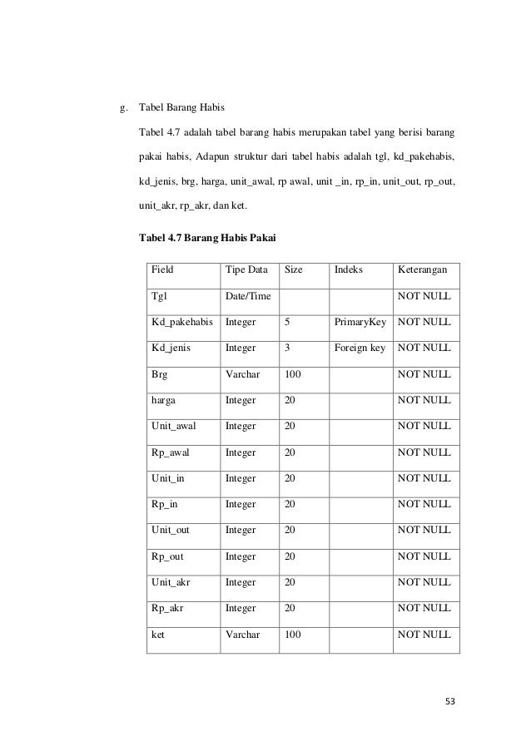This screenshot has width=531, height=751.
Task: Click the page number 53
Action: click(449, 701)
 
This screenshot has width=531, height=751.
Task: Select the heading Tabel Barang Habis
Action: click(180, 107)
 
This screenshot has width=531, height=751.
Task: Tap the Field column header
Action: click(163, 270)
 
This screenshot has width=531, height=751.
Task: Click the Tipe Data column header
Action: click(246, 270)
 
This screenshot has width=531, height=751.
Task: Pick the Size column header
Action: click(294, 270)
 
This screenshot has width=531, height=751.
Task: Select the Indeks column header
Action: click(349, 270)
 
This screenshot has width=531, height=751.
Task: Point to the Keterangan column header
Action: click(422, 270)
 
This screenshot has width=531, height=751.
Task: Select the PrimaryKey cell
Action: click(360, 322)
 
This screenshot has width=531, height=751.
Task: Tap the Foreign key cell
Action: click(360, 348)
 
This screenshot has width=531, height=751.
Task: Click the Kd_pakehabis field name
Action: click(181, 322)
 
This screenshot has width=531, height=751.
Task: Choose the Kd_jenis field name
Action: click(171, 348)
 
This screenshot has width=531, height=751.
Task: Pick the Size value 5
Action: click(287, 322)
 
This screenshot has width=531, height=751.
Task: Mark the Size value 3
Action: click(287, 348)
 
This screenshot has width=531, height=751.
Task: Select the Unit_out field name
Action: click(171, 530)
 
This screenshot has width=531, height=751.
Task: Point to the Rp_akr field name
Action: click(167, 608)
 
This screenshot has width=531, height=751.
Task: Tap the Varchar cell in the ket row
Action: click(242, 634)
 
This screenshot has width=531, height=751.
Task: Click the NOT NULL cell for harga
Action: click(424, 400)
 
